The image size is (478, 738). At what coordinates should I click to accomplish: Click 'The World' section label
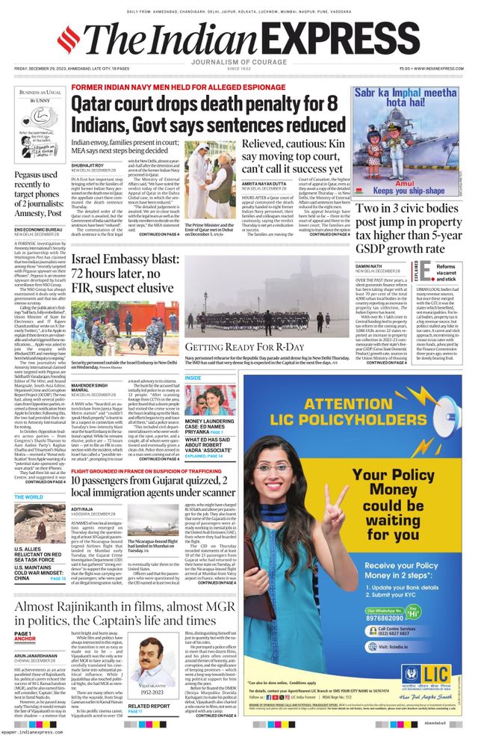click(x=28, y=496)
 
